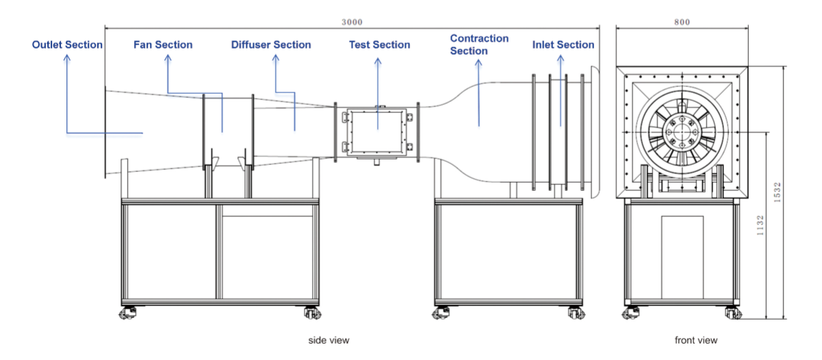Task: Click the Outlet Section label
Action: point(67,45)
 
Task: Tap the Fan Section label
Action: point(162,45)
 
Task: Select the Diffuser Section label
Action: point(270,45)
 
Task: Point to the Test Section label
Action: point(379,45)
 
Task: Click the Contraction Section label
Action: point(479,44)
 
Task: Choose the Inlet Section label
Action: point(563,45)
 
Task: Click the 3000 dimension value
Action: point(352,22)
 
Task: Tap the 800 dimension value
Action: point(682,22)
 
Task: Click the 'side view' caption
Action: point(324,339)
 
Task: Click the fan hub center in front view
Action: point(680,131)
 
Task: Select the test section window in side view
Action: point(376,131)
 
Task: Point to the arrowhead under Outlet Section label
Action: point(67,60)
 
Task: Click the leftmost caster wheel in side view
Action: point(127,313)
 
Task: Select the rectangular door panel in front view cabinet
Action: point(682,257)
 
